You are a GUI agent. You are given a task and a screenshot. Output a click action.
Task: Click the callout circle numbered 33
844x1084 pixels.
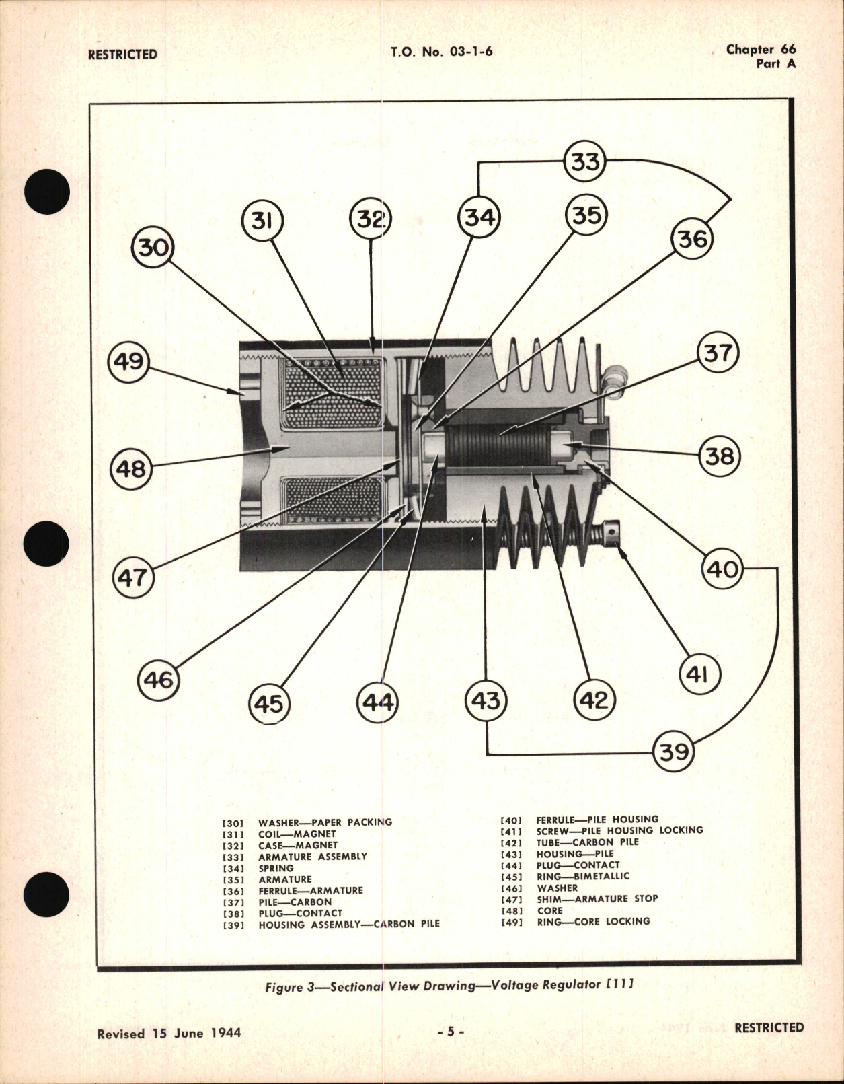[x=584, y=162]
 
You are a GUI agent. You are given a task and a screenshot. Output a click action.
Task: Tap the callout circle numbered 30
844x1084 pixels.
[x=153, y=247]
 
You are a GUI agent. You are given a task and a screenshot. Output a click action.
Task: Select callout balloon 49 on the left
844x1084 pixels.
[x=128, y=361]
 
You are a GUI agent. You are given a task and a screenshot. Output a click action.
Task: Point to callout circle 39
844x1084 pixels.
[x=674, y=751]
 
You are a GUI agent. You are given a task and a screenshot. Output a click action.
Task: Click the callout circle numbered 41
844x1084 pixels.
[x=699, y=674]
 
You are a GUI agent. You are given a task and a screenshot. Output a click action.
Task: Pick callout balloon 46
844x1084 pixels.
[x=158, y=680]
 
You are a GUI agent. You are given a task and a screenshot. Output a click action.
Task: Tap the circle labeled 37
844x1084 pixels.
[x=718, y=353]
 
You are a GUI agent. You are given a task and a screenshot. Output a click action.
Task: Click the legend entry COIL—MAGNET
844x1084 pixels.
[x=297, y=834]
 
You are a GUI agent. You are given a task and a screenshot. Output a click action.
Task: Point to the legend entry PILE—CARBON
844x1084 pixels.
[x=295, y=902]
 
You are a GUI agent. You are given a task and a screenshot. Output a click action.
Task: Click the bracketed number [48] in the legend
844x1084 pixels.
[x=511, y=910]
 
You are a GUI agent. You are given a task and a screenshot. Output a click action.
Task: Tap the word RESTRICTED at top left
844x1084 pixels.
[x=122, y=55]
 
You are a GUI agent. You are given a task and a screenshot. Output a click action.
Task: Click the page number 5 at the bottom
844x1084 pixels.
[x=451, y=1032]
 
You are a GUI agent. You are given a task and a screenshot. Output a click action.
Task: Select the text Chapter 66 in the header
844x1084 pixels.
[x=761, y=49]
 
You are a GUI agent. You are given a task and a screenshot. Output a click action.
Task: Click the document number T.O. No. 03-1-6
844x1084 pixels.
[x=441, y=52]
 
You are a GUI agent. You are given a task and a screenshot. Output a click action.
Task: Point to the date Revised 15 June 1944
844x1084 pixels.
[x=169, y=1033]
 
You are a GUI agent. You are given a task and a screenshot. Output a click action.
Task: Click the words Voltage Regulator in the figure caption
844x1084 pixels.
[x=545, y=985]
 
